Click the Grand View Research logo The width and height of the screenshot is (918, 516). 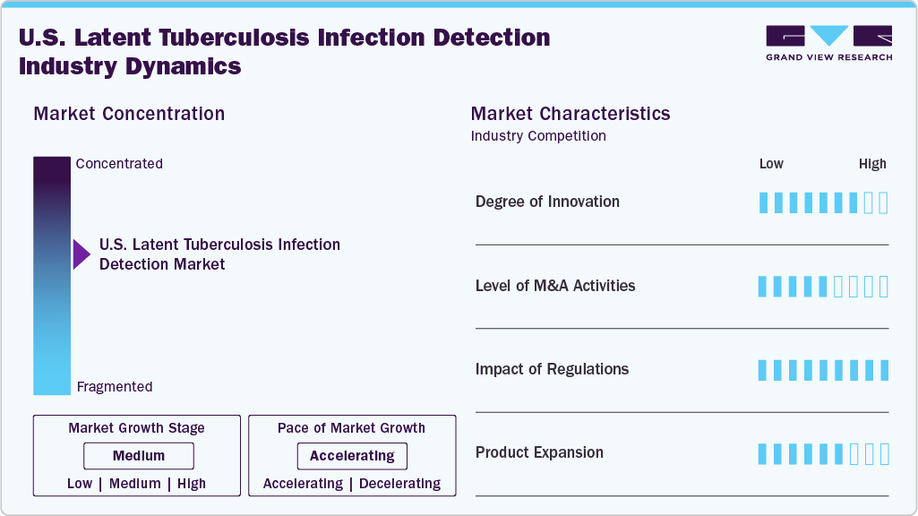click(828, 43)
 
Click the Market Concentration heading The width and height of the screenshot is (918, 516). click(129, 114)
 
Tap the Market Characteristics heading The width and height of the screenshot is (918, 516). click(570, 114)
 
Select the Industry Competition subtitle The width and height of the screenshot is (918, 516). click(538, 136)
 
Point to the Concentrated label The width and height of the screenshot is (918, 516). click(119, 164)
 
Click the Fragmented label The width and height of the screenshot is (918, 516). click(115, 387)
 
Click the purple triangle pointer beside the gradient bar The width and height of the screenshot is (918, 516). click(82, 254)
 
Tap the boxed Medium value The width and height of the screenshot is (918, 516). click(138, 456)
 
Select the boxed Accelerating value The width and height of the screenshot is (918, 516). click(352, 456)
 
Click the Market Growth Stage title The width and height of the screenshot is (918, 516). click(136, 428)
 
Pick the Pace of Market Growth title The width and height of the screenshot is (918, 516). click(351, 428)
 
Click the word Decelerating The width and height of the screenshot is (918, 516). click(399, 484)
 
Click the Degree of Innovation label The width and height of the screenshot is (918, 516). click(547, 202)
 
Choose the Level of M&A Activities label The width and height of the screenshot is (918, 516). click(555, 286)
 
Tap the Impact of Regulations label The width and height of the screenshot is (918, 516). click(552, 369)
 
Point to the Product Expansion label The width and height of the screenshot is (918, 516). click(539, 452)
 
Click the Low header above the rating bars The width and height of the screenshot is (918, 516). click(771, 164)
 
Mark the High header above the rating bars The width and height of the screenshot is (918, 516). click(872, 164)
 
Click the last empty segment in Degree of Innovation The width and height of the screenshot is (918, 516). click(883, 202)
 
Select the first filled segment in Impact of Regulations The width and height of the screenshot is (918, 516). click(763, 370)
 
